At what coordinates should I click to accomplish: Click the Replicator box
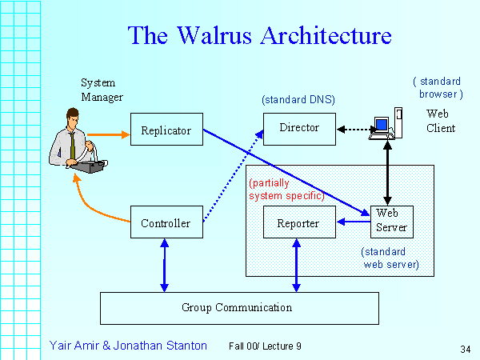[166, 130]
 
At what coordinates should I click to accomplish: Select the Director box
[299, 128]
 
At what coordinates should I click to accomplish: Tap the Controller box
[166, 223]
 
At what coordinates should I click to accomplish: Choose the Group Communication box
[238, 307]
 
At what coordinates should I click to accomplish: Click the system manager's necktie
[71, 144]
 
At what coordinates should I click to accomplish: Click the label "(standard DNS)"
[298, 100]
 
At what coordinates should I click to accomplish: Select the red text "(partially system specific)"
[286, 189]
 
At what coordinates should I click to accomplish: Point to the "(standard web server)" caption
[391, 257]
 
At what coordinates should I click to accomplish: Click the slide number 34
[466, 349]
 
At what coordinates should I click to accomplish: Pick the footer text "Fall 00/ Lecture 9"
[265, 346]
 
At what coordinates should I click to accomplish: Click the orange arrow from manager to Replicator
[109, 134]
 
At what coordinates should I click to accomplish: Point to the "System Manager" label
[102, 90]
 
